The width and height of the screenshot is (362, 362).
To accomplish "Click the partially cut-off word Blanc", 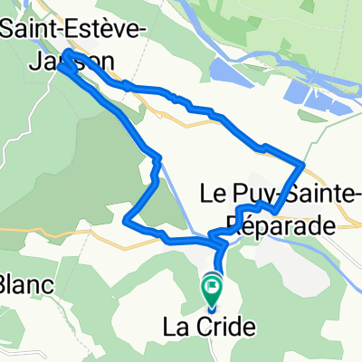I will tap(24, 285).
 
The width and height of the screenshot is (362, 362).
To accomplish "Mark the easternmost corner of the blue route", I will tap(302, 164).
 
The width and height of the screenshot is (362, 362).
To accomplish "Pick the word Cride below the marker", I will tap(226, 327).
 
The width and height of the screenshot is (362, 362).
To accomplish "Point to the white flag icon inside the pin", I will tap(212, 289).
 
